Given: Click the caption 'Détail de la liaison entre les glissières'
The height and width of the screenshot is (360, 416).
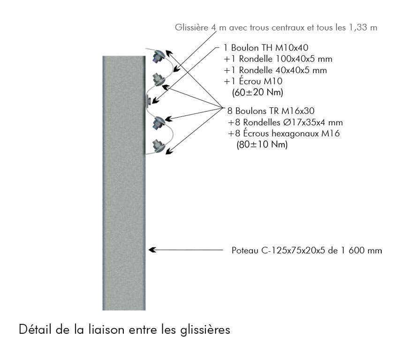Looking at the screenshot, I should tap(124, 330).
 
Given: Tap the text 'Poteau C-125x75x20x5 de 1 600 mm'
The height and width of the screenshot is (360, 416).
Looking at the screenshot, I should tap(307, 250).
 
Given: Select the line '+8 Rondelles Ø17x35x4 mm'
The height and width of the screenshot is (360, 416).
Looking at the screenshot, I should tap(285, 123).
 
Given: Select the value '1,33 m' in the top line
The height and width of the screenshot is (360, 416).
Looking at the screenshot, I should tap(364, 28).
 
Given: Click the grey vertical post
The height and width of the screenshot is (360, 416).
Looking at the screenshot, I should tap(123, 187).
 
